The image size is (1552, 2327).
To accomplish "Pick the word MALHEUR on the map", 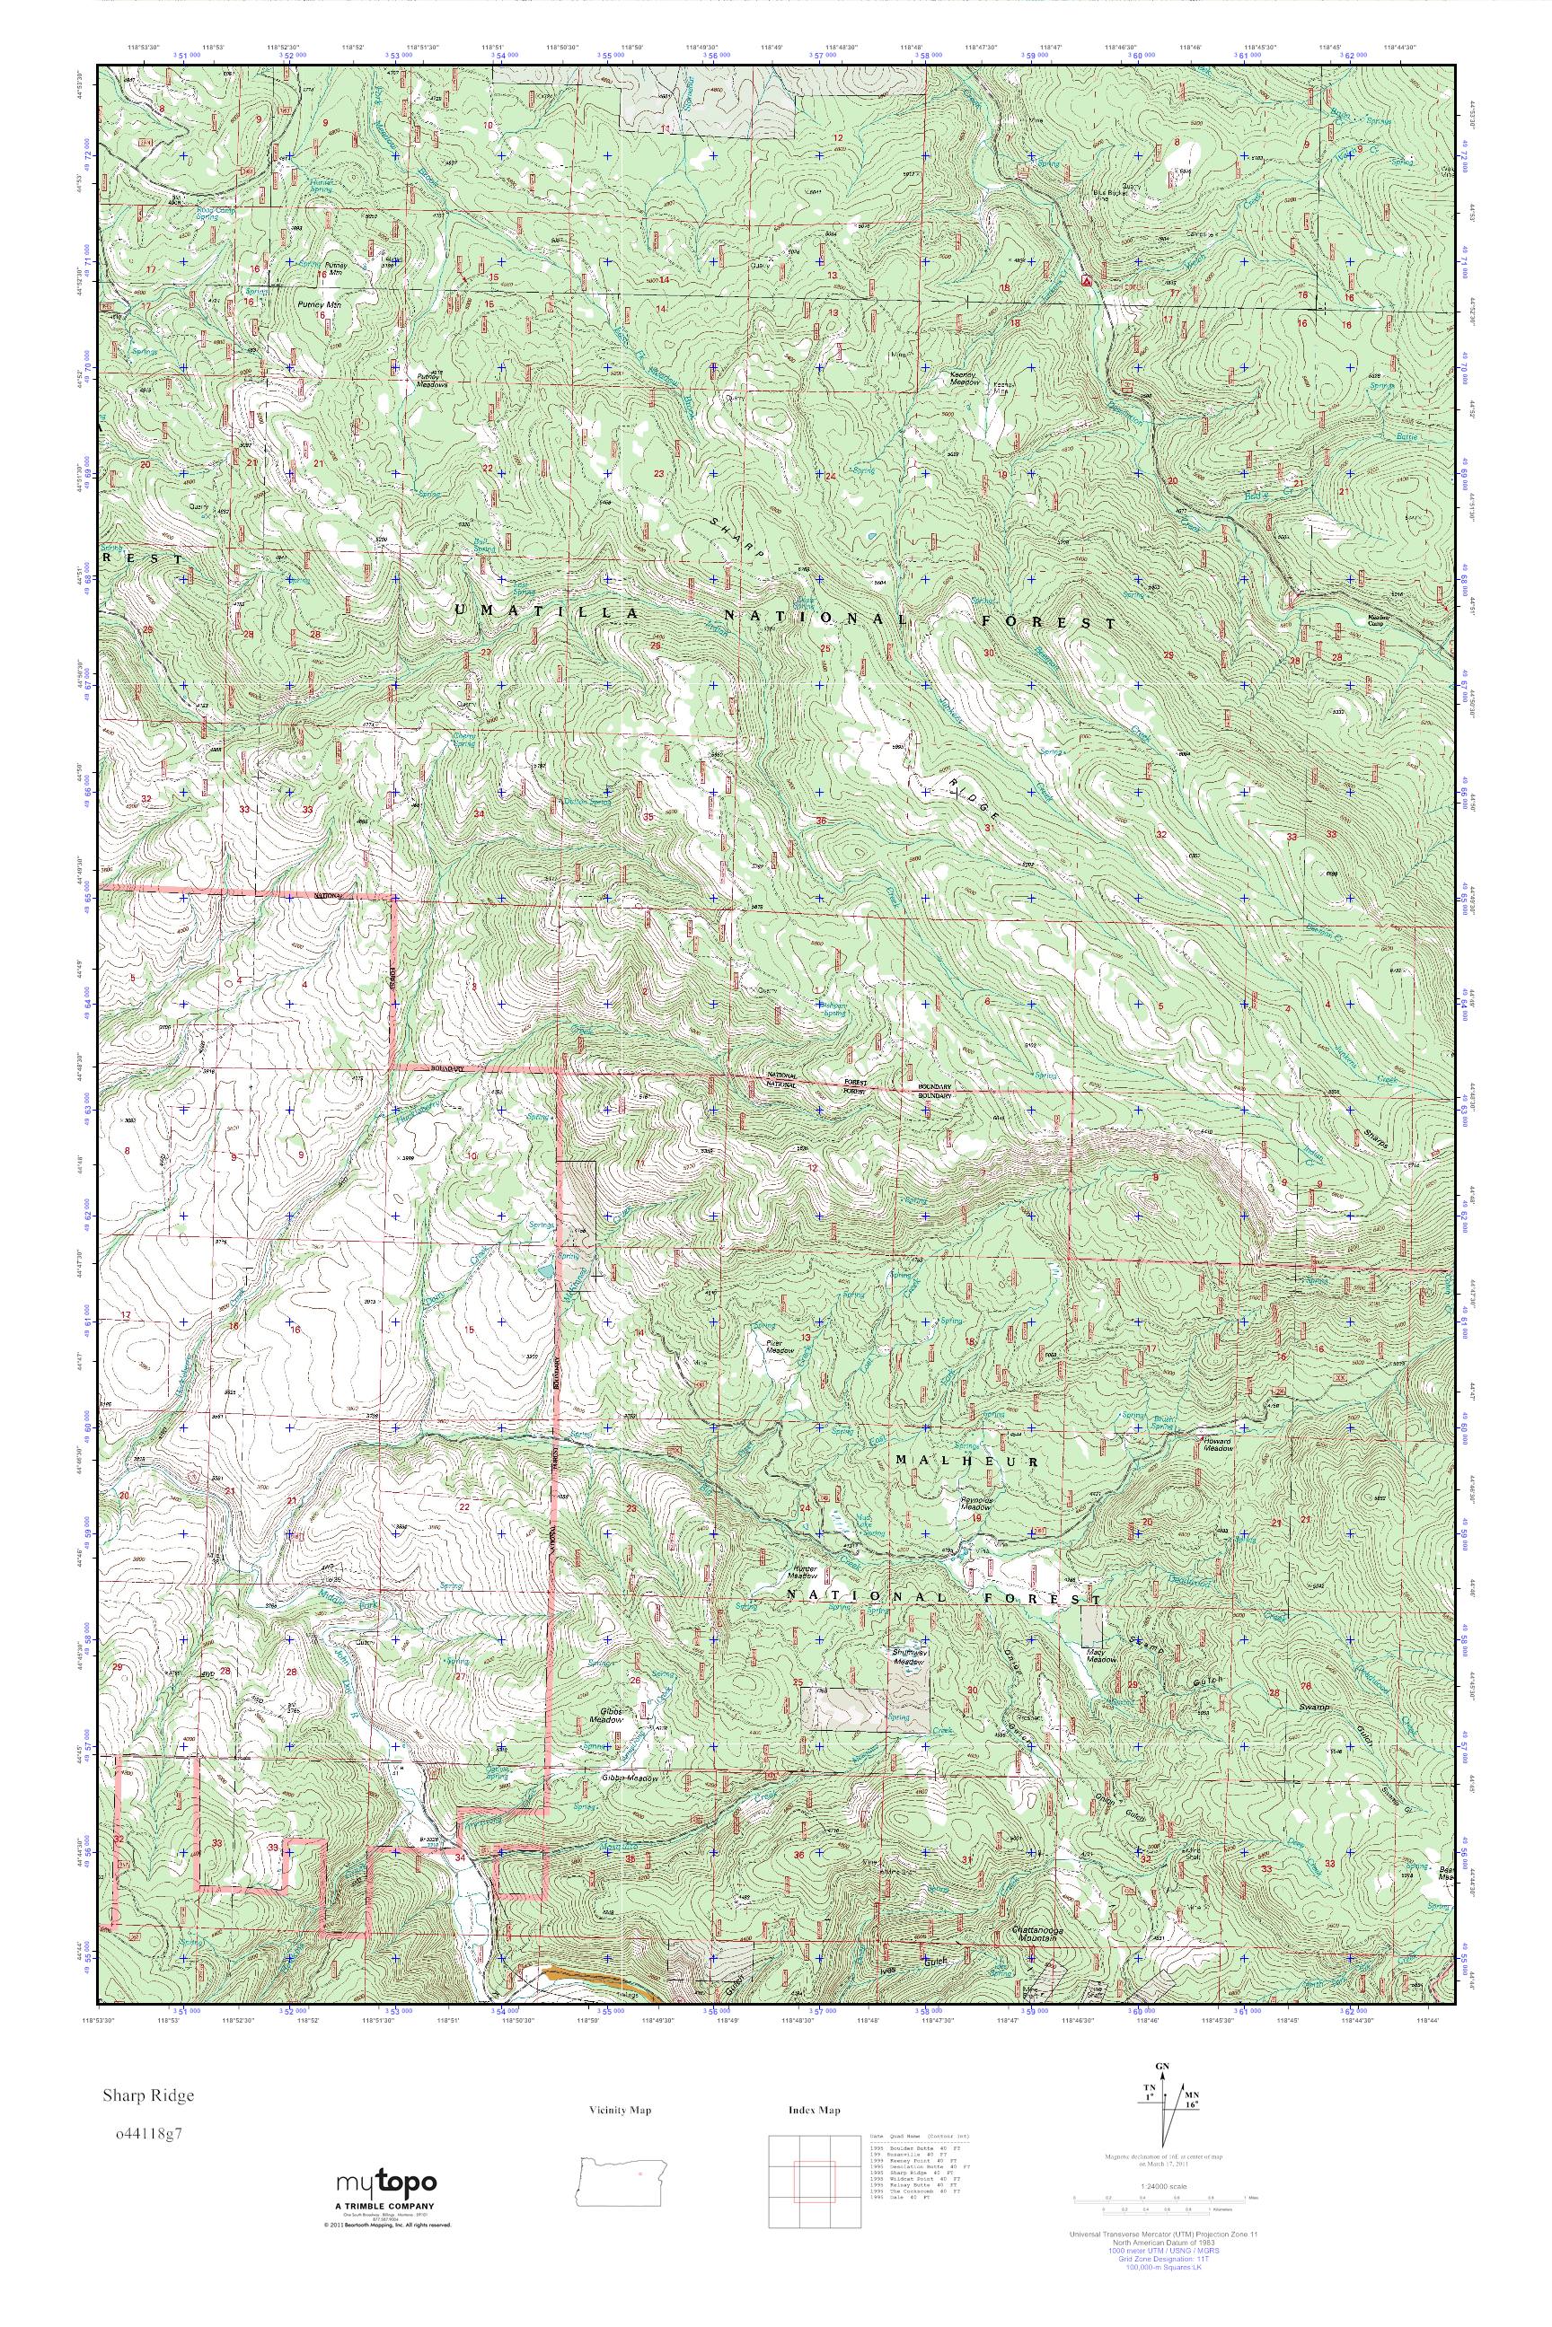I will coord(965,1462).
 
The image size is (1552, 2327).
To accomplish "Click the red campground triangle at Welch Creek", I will coord(1086,281).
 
